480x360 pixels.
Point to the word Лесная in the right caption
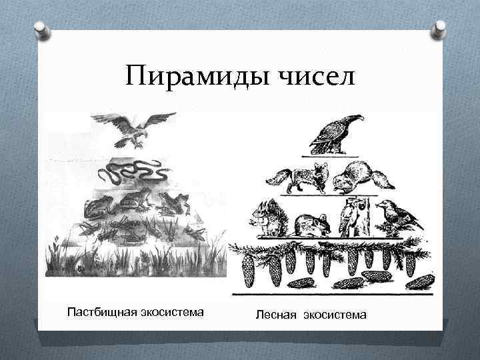pos(275,314)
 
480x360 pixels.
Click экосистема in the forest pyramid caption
pos(335,314)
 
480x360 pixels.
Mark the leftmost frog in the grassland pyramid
pos(97,207)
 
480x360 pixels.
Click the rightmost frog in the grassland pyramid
pos(175,203)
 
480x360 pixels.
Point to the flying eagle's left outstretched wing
pos(105,120)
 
